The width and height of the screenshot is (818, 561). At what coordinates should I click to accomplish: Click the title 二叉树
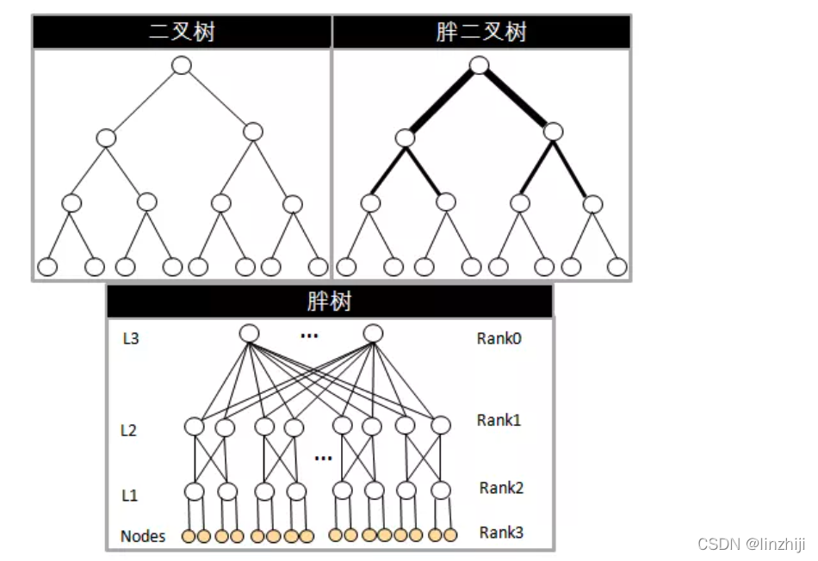182,32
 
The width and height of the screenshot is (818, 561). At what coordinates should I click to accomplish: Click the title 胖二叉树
480,32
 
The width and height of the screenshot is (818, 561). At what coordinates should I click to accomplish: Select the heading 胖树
329,302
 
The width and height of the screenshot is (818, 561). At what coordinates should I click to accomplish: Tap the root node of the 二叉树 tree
182,65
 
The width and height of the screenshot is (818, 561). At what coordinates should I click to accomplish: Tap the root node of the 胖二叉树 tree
480,65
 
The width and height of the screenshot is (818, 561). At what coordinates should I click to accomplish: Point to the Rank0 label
499,338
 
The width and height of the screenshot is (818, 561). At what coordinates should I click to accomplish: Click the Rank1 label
499,421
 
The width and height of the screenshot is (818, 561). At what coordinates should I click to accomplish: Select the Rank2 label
502,488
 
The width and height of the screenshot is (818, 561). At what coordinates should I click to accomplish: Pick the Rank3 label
501,533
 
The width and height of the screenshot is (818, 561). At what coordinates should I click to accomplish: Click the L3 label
131,339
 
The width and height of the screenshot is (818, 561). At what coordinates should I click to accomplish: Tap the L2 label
128,430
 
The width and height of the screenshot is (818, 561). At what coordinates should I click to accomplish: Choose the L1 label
128,496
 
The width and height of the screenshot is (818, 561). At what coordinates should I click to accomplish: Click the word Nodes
143,537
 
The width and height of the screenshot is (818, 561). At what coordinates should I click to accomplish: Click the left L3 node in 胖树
249,333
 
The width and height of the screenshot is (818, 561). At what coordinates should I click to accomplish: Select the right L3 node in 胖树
372,333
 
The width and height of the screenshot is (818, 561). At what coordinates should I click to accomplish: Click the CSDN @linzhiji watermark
752,544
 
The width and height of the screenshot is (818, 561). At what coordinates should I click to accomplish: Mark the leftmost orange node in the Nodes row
189,536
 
